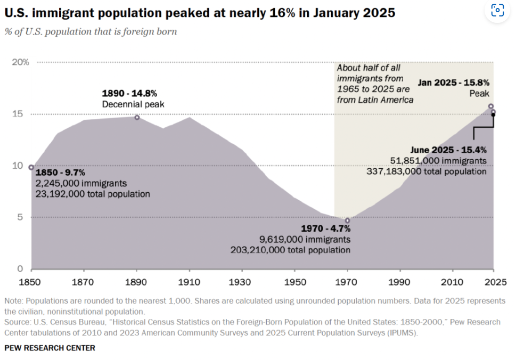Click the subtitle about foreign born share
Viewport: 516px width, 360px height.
pos(91,31)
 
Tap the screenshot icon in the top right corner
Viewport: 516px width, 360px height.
pos(497,10)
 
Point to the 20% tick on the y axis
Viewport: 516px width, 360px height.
pos(21,62)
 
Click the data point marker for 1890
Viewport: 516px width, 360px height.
pos(137,117)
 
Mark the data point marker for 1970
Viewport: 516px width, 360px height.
pos(348,220)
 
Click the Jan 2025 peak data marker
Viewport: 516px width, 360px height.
pos(491,107)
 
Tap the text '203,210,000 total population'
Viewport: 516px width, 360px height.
pos(290,249)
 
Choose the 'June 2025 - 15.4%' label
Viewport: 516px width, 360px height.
pos(448,150)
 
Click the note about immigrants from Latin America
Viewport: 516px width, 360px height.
pos(375,84)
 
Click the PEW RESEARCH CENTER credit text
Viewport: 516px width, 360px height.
pos(50,348)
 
